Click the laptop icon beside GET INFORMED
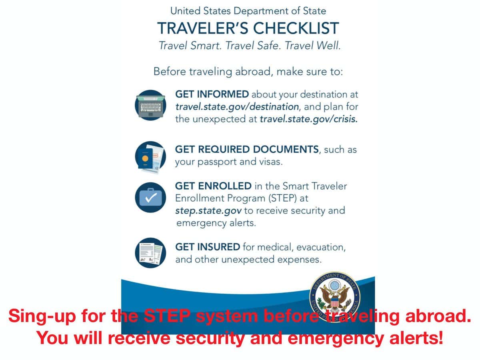click(x=150, y=105)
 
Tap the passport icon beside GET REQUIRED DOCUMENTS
click(x=150, y=157)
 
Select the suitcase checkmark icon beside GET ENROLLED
click(x=150, y=198)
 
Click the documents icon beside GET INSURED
click(x=150, y=253)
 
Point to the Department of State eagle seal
click(x=334, y=297)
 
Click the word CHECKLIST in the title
click(x=296, y=28)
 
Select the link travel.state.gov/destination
click(x=237, y=107)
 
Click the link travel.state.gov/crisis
click(x=308, y=119)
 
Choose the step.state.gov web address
click(x=208, y=211)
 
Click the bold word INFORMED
click(x=223, y=94)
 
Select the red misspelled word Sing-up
click(x=42, y=316)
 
